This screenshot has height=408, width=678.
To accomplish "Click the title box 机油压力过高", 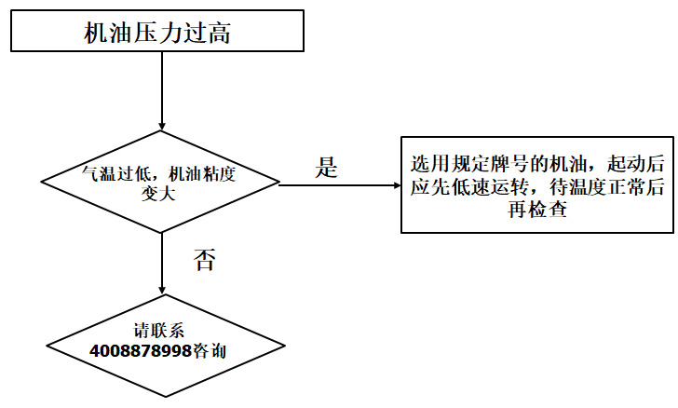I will click(x=157, y=33).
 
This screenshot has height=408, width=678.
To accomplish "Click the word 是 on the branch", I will click(x=326, y=169).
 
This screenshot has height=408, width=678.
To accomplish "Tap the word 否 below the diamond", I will click(x=204, y=260).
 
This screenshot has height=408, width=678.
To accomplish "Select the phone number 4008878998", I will click(x=141, y=352).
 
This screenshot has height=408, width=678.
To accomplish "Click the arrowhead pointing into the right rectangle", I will click(x=395, y=184).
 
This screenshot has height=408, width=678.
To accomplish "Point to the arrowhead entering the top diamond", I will click(x=162, y=127).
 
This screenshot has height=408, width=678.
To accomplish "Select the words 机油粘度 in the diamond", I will click(x=199, y=174).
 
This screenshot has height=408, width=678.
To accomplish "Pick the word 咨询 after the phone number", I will click(x=209, y=352).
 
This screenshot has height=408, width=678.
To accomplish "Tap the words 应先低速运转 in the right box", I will click(x=468, y=187).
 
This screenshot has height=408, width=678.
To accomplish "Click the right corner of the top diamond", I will click(x=278, y=184).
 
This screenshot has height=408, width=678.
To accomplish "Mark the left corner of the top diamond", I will click(x=43, y=184).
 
